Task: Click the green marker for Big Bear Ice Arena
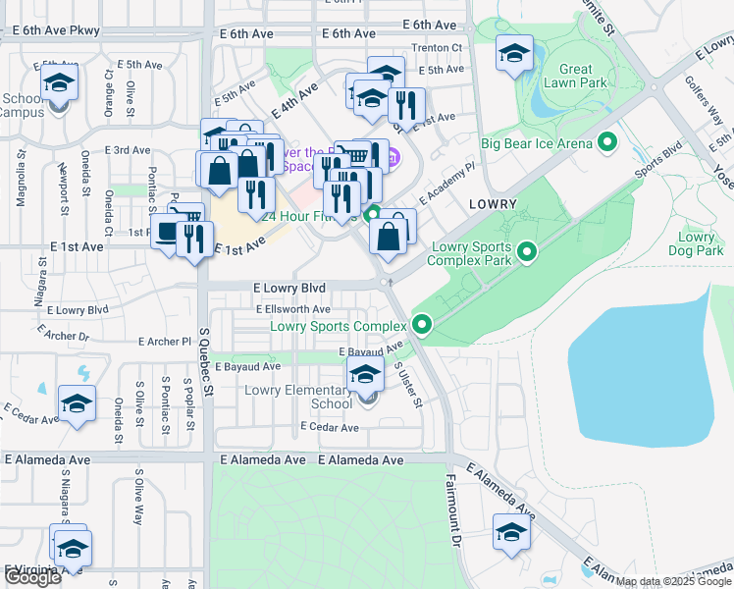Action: point(607,144)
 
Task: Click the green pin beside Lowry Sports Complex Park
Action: point(527,253)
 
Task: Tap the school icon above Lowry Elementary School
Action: point(366,373)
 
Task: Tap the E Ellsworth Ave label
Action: point(293,309)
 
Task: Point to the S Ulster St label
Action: point(407,385)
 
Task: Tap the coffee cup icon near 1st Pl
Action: point(167,233)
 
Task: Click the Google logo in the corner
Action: point(32,577)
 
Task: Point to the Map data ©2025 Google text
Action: point(673,581)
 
